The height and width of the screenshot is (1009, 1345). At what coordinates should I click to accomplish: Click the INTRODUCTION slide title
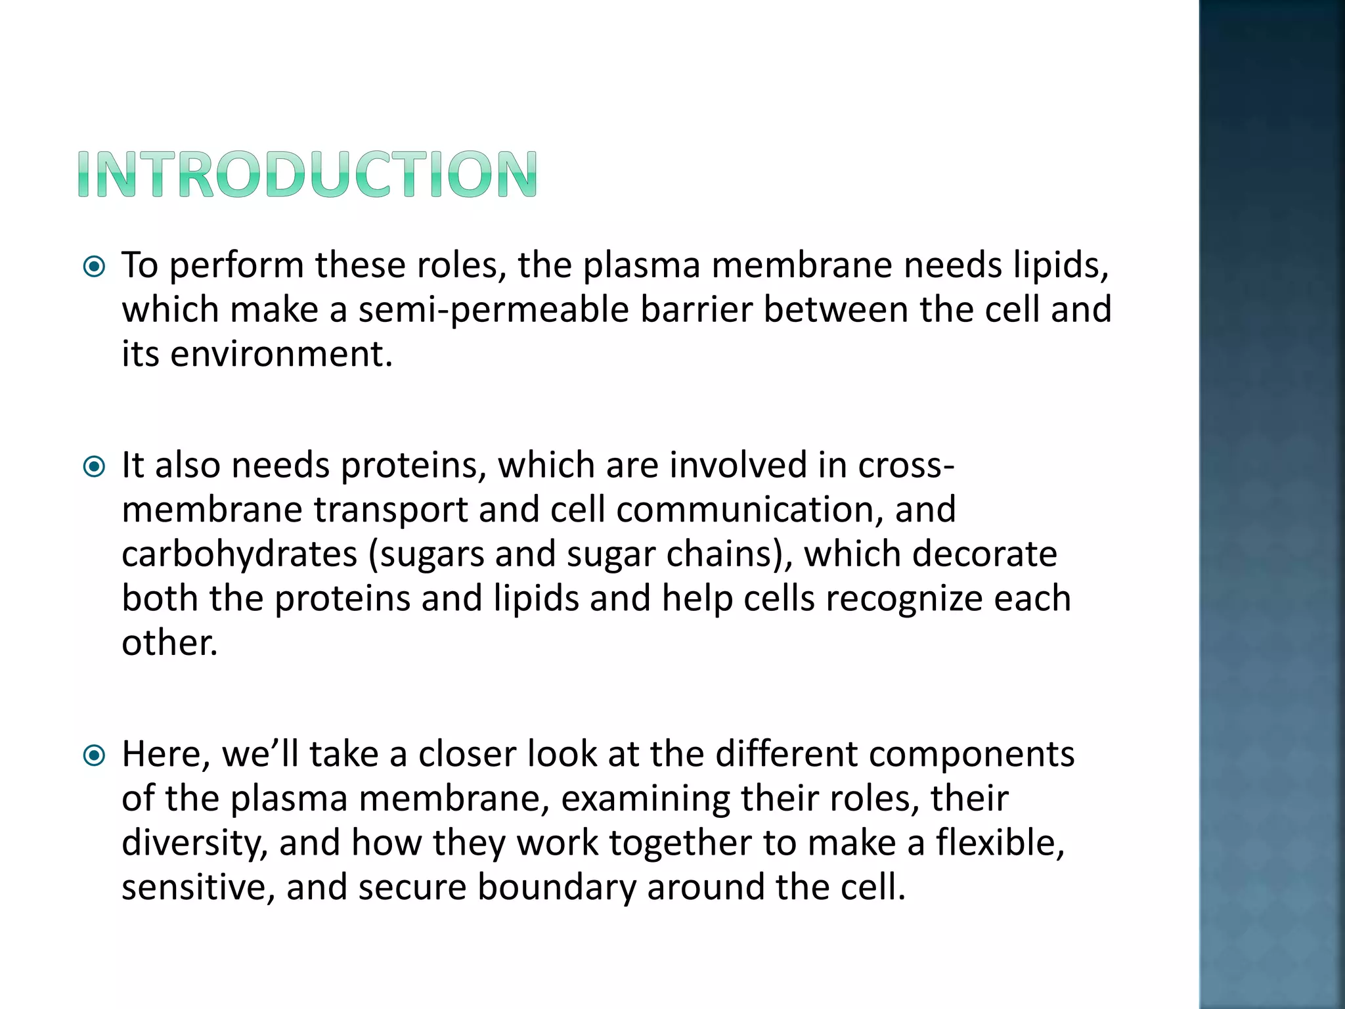click(x=307, y=174)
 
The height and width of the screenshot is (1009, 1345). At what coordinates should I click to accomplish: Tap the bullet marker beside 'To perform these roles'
click(x=95, y=267)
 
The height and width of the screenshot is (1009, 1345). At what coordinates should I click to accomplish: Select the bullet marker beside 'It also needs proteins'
click(x=95, y=467)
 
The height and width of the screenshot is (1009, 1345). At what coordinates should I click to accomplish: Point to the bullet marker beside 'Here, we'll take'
click(x=95, y=755)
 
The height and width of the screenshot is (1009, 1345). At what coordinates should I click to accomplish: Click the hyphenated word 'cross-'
click(x=906, y=466)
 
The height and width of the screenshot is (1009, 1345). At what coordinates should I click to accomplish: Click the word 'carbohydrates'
click(x=239, y=554)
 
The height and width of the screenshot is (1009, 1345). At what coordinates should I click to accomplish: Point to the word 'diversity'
click(x=194, y=843)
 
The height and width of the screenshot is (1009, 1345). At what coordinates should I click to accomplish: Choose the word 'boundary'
click(x=556, y=888)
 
